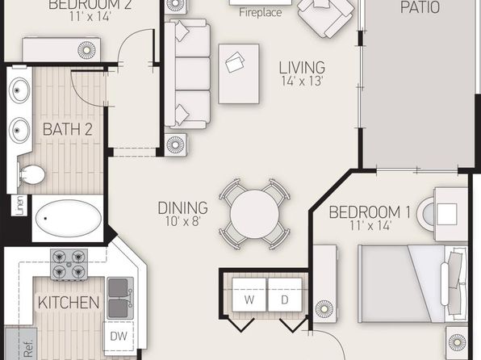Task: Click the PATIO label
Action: click(420, 6)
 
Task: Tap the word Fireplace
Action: click(260, 13)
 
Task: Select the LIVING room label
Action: click(302, 68)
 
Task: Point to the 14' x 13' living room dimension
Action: click(302, 81)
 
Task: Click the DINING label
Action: click(183, 207)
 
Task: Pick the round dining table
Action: click(254, 214)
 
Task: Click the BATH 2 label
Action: click(68, 129)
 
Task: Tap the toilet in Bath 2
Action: click(31, 174)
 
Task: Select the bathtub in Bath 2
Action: click(68, 218)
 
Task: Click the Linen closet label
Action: click(20, 205)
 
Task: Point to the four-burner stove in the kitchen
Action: click(69, 265)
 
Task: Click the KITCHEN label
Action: click(69, 303)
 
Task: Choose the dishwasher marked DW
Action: click(119, 337)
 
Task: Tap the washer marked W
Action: click(249, 295)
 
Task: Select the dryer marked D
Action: click(285, 295)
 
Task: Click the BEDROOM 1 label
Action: click(370, 212)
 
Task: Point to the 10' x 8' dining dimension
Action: click(183, 221)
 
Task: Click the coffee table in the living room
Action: click(239, 73)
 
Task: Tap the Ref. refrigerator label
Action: click(28, 349)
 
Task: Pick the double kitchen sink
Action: click(120, 298)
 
